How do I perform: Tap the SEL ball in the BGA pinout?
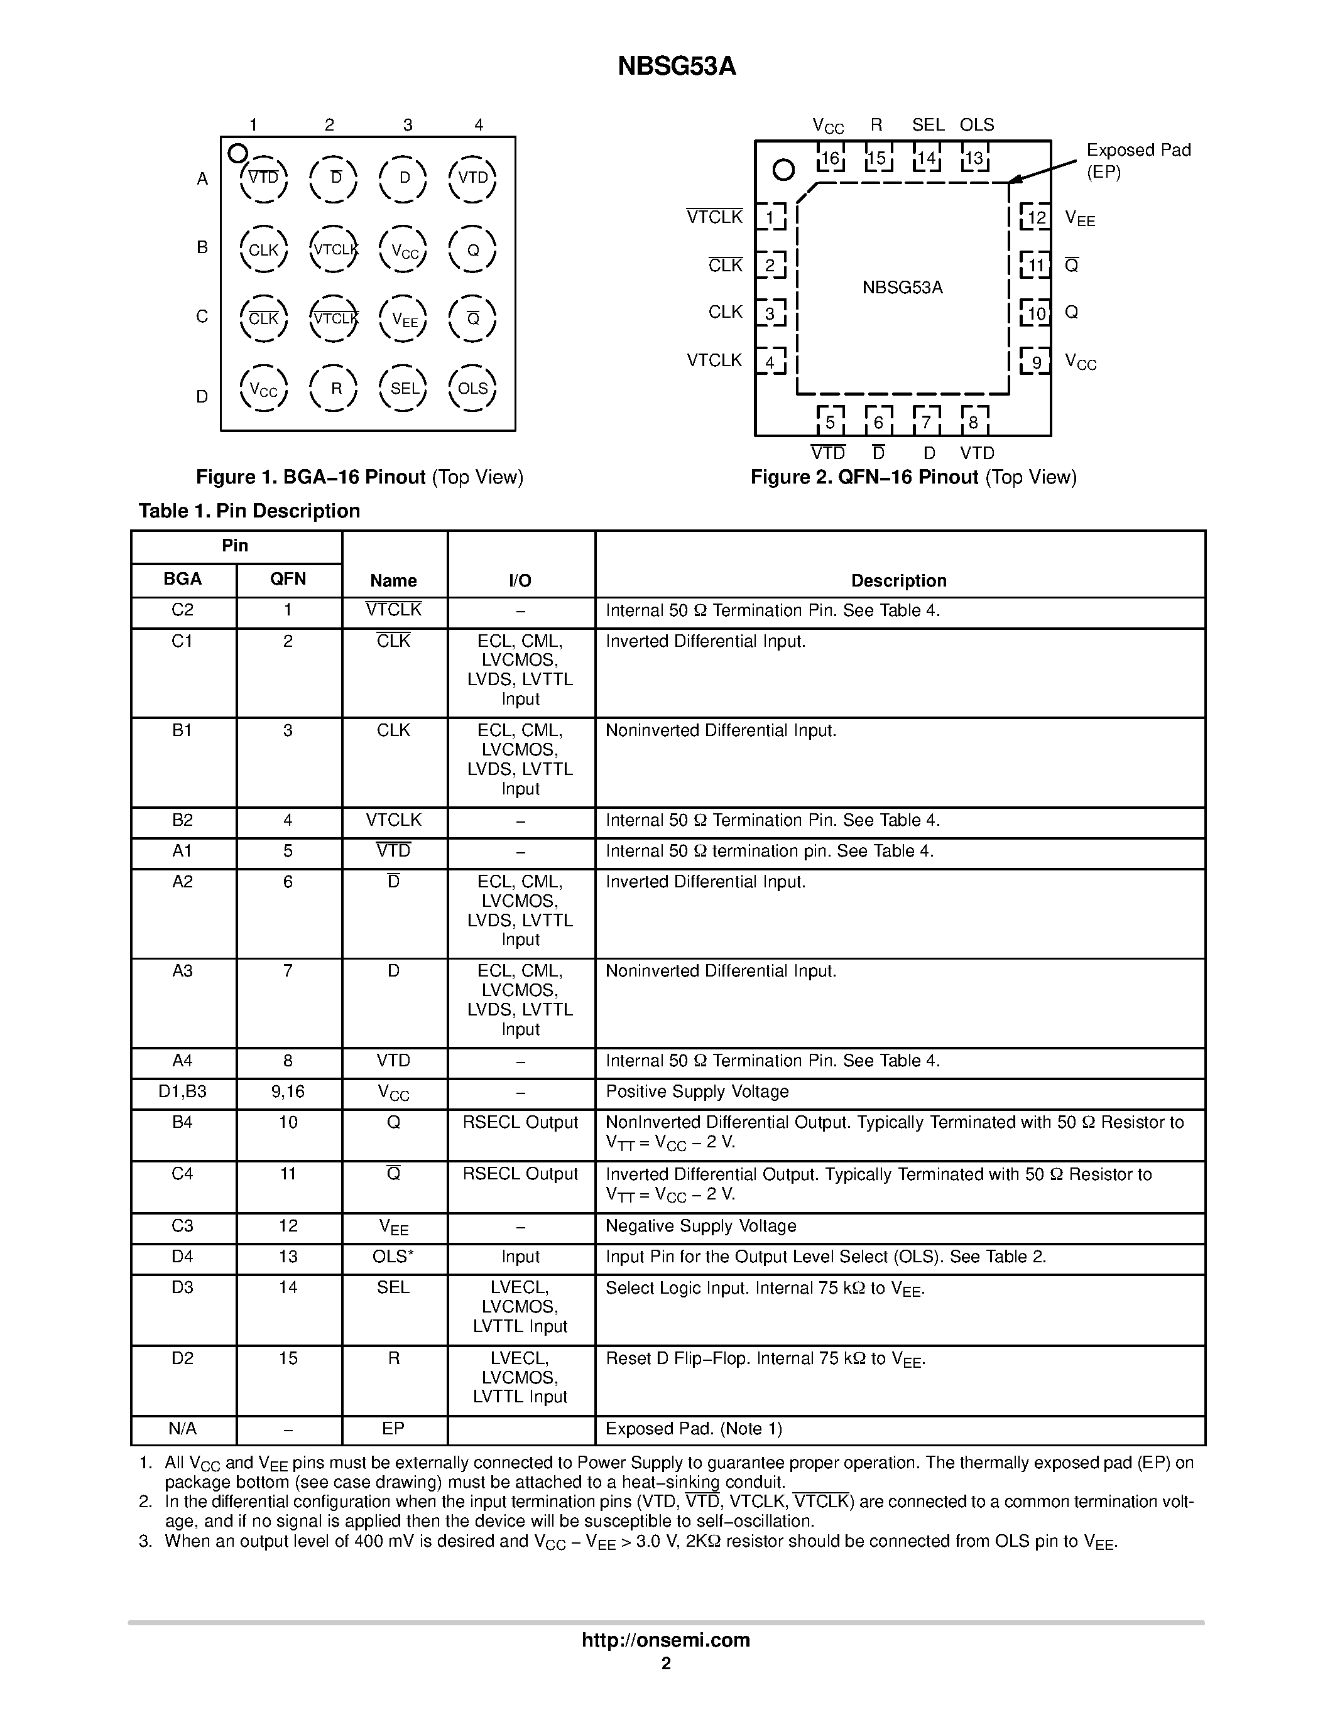tap(403, 388)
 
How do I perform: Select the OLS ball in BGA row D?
tap(473, 388)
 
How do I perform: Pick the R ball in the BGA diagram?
tap(335, 388)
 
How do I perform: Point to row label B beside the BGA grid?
tap(202, 247)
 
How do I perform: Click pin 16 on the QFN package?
tap(830, 159)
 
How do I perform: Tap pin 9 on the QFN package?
tap(1035, 362)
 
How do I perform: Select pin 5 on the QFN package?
tap(830, 421)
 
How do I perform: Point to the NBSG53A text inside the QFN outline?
tap(902, 288)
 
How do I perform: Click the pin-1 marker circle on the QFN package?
tap(783, 169)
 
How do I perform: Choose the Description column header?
tap(898, 580)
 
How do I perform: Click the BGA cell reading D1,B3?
tap(183, 1091)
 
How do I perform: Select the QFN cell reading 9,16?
tap(288, 1091)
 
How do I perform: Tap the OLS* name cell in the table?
tap(393, 1257)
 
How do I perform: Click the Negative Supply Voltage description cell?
tap(700, 1226)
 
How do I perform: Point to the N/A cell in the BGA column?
tap(183, 1428)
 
